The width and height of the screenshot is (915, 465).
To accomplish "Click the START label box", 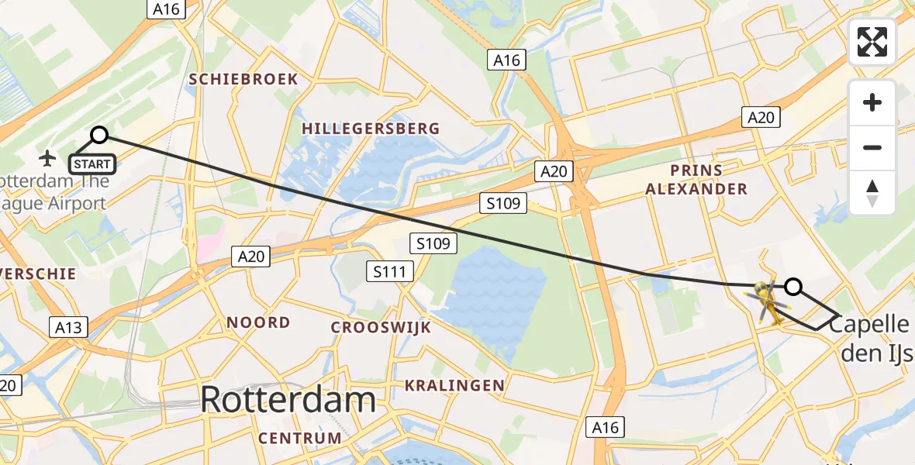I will pos(93,164).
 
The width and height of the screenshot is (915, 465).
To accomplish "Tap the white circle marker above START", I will pos(99,136).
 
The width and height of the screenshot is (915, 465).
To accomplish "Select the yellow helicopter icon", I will pos(767,301).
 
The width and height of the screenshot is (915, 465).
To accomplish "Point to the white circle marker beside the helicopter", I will pos(792,287).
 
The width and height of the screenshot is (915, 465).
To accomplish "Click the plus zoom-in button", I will pos(872,102).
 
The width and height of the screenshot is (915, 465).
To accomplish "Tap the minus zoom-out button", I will pos(872,147).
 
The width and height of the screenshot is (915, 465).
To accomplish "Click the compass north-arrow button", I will pos(872,192).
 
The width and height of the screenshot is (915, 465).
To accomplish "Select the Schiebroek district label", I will pos(243,79).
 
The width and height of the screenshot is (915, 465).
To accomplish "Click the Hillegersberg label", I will pos(371,129).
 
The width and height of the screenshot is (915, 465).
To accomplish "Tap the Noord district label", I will pos(258,322).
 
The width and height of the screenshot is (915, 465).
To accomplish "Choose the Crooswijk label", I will pos(381,327).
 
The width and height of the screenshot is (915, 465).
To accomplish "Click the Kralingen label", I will pos(454,385).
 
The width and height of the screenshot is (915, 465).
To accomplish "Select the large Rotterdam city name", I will pos(288,400).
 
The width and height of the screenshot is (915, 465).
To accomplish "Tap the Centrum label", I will pos(300,438).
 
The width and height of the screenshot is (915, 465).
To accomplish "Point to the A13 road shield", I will pos(68,327).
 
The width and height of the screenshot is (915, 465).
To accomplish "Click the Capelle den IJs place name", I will pos(871,338).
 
